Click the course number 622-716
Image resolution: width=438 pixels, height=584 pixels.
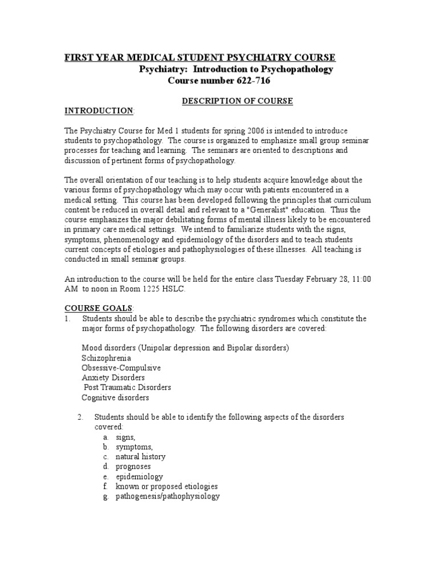point(250,80)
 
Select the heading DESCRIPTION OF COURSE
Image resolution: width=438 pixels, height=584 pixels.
point(237,101)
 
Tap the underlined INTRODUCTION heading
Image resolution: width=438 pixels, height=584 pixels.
point(99,110)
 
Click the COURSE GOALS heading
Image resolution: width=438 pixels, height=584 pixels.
point(98,307)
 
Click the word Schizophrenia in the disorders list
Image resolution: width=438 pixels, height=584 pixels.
point(106,358)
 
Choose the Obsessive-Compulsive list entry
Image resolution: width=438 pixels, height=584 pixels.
point(121,368)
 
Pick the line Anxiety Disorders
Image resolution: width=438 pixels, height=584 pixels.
point(113,378)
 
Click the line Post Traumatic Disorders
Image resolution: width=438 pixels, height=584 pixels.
point(127,387)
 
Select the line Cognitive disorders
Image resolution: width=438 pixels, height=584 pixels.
point(115,398)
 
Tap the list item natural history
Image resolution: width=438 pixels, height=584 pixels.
point(140,457)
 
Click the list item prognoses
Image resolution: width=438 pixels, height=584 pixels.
point(133,467)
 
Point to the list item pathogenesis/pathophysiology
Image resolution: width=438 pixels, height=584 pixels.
point(167,496)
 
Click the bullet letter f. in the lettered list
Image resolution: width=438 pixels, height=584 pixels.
point(106,486)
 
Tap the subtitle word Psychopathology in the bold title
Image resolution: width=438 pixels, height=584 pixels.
point(293,69)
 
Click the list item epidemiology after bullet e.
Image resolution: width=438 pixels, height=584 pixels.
point(139,477)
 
